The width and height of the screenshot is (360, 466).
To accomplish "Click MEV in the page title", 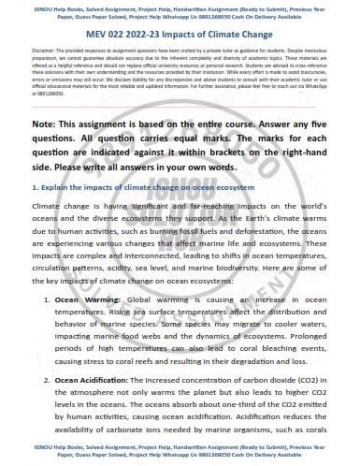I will (x=106, y=32).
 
